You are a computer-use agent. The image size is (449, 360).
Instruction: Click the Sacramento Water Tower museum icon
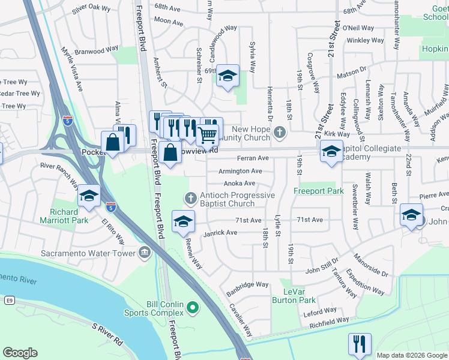pos(144,253)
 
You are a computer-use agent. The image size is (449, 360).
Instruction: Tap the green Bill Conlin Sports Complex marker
pos(192,308)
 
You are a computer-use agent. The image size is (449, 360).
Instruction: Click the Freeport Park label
pos(318,191)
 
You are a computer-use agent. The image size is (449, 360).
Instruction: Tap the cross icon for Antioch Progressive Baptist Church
pos(190,197)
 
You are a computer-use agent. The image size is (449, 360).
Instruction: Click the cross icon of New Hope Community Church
pos(279,131)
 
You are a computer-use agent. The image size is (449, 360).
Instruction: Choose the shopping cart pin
pos(207,136)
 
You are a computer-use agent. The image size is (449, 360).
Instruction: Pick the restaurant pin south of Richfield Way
pos(360,344)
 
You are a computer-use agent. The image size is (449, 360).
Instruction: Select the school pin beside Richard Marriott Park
pos(89,196)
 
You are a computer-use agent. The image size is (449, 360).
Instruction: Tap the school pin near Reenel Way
pos(183,221)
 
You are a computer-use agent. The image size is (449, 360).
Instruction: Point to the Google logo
pos(20,353)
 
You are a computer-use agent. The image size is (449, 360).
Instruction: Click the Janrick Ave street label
pos(220,233)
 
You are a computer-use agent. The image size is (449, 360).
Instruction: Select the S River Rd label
pos(107,334)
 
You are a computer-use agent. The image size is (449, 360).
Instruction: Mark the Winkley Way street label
pos(365,41)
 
